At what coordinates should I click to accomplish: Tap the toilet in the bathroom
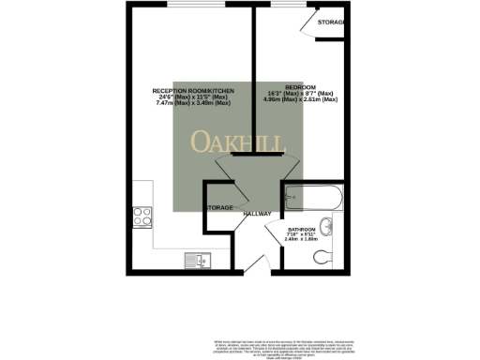(321, 255)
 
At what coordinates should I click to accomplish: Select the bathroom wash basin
(327, 225)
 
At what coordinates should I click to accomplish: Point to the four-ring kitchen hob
(144, 216)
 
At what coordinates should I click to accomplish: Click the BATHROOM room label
(302, 229)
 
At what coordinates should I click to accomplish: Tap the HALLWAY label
(257, 214)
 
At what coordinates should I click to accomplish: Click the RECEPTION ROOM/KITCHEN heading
(192, 90)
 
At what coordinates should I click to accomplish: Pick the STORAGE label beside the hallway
(219, 207)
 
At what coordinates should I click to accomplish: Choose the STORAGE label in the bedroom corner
(331, 21)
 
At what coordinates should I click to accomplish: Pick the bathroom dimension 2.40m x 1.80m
(301, 240)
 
